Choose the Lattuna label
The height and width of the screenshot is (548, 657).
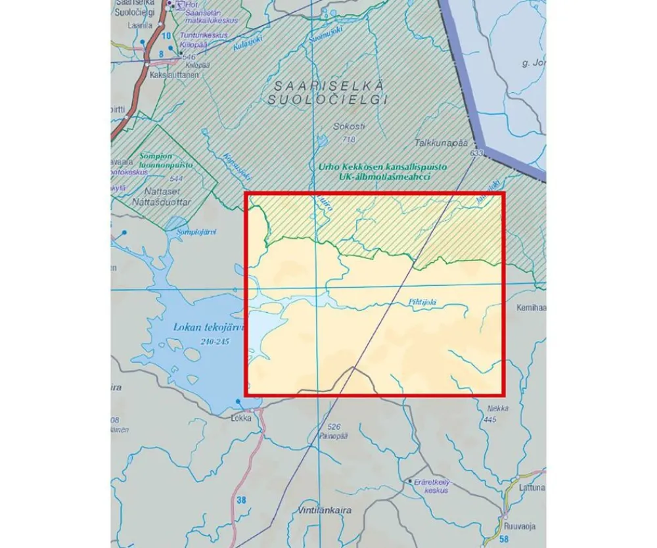coord(531,488)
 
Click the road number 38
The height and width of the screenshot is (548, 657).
coord(242,501)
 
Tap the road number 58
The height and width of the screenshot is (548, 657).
coord(504,539)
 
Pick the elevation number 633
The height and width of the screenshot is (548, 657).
coord(476,153)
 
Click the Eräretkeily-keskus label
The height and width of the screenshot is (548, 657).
coord(435,486)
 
